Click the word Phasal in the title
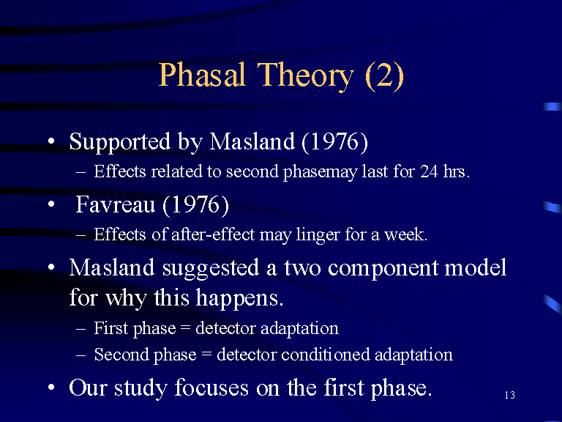tap(202, 74)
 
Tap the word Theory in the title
tap(306, 76)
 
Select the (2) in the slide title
tap(384, 76)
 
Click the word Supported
tap(120, 142)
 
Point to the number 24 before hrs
tap(429, 171)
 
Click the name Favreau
tap(115, 204)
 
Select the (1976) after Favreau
tap(195, 205)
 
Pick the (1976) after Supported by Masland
tap(334, 142)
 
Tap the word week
tap(405, 234)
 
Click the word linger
tap(318, 235)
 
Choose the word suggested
tap(211, 269)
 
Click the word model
tap(476, 267)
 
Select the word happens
tap(239, 299)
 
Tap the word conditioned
tap(326, 354)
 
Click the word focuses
tap(211, 388)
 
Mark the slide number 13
tap(509, 395)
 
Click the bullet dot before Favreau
tap(52, 204)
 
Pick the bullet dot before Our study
tap(52, 387)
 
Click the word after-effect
tap(213, 234)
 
